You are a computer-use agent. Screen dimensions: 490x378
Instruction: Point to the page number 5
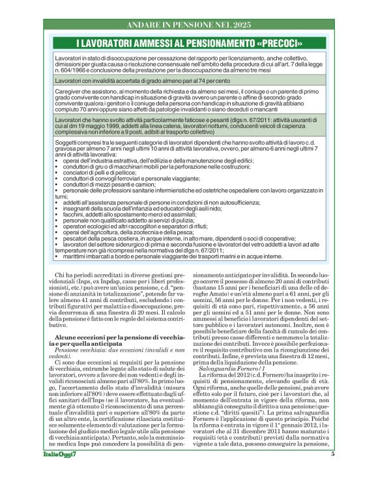click(x=332, y=471)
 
